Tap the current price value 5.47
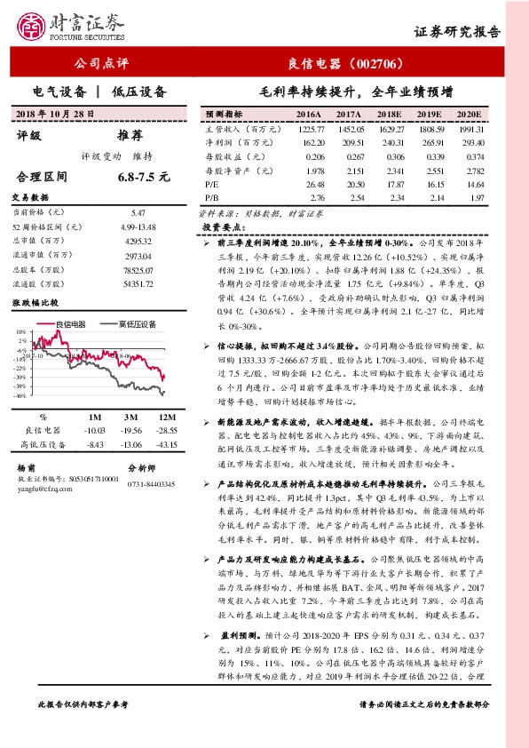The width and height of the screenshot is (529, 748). [138, 213]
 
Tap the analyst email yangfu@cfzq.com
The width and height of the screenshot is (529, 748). [45, 487]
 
